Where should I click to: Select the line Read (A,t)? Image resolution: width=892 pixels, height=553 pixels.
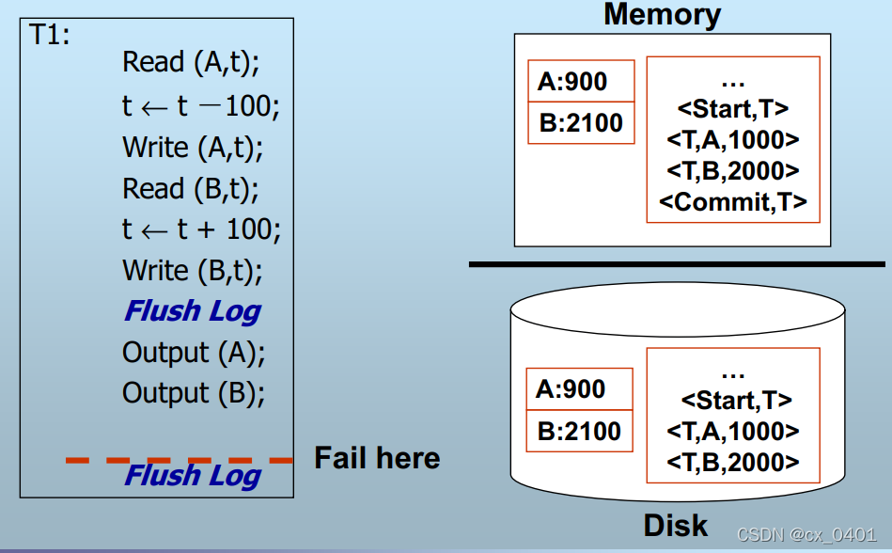pos(191,63)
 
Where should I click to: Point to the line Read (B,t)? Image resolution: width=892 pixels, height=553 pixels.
pos(191,188)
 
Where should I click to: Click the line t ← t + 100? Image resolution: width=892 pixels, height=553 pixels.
pos(201,229)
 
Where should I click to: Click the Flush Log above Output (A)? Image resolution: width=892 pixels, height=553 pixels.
pos(193,311)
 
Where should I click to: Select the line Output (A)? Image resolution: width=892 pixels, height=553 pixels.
pos(194,353)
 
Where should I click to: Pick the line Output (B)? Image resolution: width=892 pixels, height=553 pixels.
pos(194,393)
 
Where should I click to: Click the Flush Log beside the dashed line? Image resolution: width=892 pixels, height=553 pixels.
pos(193,476)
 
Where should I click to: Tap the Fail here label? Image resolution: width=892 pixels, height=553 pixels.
pos(377,458)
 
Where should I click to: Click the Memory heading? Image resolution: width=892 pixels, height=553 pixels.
pos(662,14)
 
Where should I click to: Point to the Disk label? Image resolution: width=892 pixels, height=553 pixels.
pos(676,524)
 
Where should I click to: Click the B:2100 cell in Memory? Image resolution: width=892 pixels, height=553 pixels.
pos(581,122)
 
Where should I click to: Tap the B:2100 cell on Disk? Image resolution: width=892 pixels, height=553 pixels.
pos(579,431)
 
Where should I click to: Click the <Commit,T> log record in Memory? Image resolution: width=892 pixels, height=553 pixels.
pos(733,201)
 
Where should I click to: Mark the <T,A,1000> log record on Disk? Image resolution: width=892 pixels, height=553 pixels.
pos(733,431)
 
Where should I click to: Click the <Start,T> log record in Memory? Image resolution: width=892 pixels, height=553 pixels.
pos(733,109)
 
